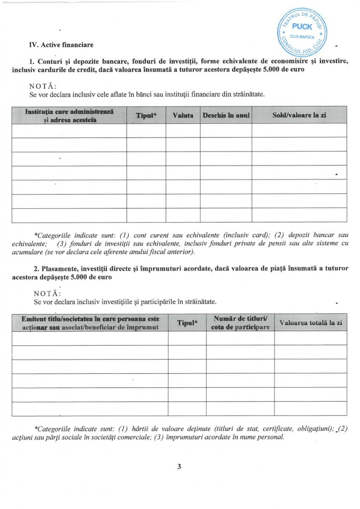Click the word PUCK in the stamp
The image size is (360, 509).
[302, 27]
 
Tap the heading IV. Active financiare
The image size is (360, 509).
[61, 45]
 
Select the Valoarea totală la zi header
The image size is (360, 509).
[311, 323]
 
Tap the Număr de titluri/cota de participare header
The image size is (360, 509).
[240, 323]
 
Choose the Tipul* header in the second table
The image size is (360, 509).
[187, 323]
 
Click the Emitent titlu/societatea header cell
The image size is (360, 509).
[90, 323]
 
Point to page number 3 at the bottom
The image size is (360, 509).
[179, 467]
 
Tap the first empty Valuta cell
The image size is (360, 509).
[183, 131]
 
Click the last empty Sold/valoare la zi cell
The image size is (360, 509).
[299, 215]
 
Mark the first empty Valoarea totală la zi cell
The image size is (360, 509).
[311, 338]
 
